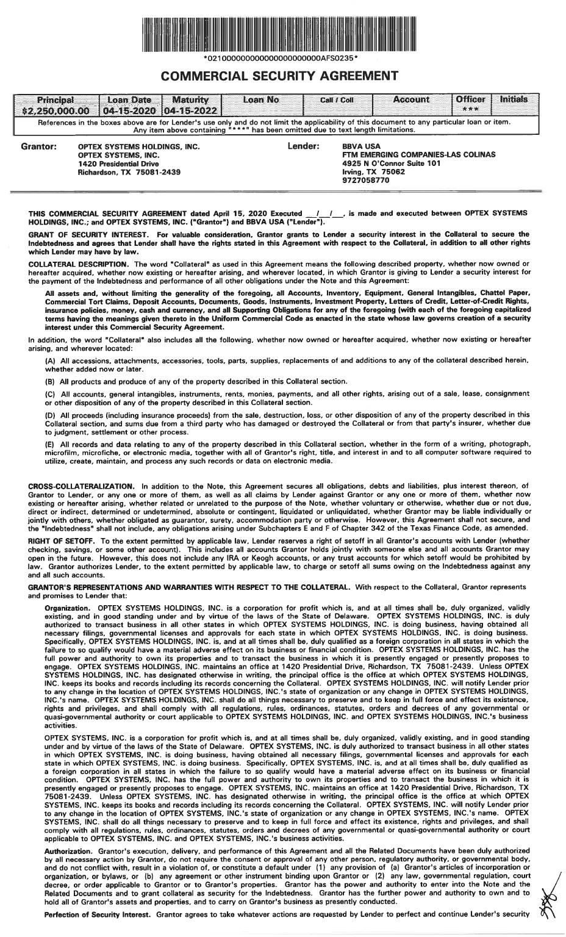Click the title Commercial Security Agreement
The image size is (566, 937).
(x=280, y=76)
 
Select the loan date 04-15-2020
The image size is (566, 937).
(x=131, y=112)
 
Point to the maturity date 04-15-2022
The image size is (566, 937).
(x=190, y=112)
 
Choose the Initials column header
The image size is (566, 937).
(x=514, y=99)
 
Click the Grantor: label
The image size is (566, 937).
(x=39, y=147)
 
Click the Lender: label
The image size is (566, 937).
(x=303, y=147)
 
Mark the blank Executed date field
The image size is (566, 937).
(x=324, y=214)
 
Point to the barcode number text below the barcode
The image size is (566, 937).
(x=280, y=59)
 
